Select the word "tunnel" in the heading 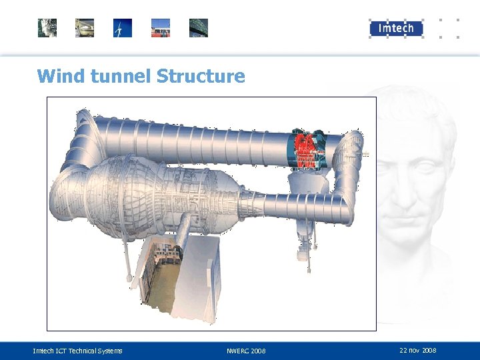119,76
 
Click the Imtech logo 396,28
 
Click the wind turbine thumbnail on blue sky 122,28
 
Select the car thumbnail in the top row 85,28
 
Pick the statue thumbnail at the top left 47,28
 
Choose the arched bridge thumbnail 199,28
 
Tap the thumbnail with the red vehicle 161,28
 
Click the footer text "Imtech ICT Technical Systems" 77,351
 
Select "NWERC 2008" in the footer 246,351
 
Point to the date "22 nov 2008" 418,350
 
